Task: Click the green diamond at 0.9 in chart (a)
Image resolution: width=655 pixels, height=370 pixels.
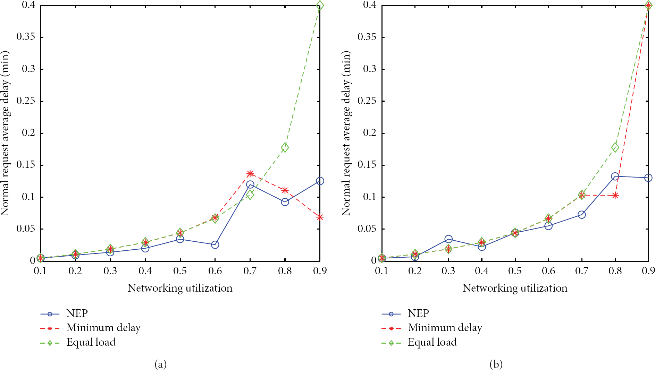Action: pos(320,5)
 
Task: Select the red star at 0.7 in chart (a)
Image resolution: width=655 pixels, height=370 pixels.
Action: pos(250,173)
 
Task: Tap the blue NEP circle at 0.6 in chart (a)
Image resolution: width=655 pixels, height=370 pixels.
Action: pos(215,244)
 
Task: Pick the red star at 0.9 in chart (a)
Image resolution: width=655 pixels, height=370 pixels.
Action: pos(320,217)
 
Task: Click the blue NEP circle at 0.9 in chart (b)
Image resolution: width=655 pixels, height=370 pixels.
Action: pos(648,178)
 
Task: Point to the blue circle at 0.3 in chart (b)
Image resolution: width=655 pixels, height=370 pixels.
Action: pos(448,239)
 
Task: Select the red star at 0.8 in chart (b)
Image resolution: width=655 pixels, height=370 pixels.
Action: pos(615,196)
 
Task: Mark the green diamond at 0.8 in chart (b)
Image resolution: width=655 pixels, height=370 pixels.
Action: pos(615,147)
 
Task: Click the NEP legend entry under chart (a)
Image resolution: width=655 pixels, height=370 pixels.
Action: pos(64,313)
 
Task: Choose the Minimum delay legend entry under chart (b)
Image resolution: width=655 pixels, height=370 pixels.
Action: pos(432,328)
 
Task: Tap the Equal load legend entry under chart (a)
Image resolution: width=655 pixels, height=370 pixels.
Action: pos(78,342)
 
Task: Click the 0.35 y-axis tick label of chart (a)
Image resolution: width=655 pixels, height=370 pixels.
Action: pos(26,37)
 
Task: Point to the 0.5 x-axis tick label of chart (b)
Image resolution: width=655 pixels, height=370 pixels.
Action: pos(515,271)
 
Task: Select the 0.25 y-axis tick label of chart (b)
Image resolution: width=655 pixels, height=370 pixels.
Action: pos(367,101)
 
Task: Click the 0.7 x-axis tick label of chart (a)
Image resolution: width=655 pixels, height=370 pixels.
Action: pos(250,271)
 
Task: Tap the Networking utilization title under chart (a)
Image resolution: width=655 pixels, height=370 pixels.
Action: pos(180,288)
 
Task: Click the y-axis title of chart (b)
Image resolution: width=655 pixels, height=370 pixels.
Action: pos(346,133)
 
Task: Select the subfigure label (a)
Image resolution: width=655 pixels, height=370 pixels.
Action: pos(160,364)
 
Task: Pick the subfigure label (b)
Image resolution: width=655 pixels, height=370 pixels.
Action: pos(496,364)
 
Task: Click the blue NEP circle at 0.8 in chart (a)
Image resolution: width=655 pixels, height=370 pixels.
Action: pos(285,202)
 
